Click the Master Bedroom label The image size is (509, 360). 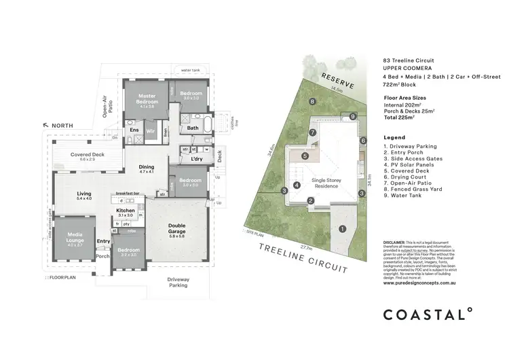[x=147, y=99]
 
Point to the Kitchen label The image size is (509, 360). [x=126, y=212]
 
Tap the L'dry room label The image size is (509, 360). [x=197, y=159]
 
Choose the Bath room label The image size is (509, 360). [x=193, y=127]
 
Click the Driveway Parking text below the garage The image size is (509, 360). [x=179, y=282]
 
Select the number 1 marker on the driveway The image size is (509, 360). [x=342, y=229]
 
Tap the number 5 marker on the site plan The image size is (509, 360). [x=305, y=156]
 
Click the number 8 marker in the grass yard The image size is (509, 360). [x=312, y=102]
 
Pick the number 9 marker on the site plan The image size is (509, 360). [x=353, y=117]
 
